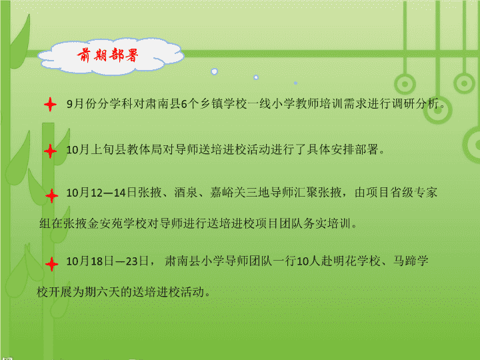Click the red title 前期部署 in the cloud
(108, 55)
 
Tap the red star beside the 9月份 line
(51, 105)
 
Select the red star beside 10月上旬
(51, 151)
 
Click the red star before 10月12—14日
(52, 195)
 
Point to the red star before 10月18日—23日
(52, 264)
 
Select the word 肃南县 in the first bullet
(163, 104)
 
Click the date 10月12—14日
(101, 193)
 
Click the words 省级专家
(413, 193)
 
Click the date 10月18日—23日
(107, 261)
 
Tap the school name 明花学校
(357, 261)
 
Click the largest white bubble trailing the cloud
(214, 71)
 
